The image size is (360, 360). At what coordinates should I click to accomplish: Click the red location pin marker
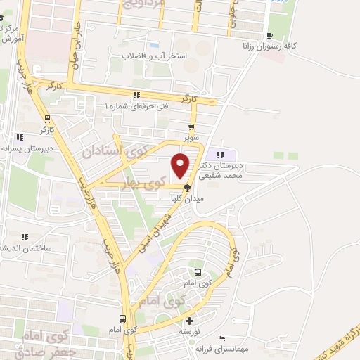click(181, 166)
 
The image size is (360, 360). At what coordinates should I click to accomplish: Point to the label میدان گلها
click(186, 198)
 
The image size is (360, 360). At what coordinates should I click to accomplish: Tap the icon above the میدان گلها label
click(187, 188)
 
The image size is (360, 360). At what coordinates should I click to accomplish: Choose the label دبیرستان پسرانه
click(25, 149)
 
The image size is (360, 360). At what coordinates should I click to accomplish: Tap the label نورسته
click(190, 331)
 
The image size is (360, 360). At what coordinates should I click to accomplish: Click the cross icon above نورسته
click(189, 321)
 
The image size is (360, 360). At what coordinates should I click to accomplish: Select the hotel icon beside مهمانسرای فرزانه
click(222, 339)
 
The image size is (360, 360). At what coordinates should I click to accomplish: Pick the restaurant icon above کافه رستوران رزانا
click(269, 36)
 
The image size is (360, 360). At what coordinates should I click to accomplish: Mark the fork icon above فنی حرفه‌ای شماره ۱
click(136, 96)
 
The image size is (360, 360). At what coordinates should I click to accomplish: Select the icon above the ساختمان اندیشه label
click(25, 237)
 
